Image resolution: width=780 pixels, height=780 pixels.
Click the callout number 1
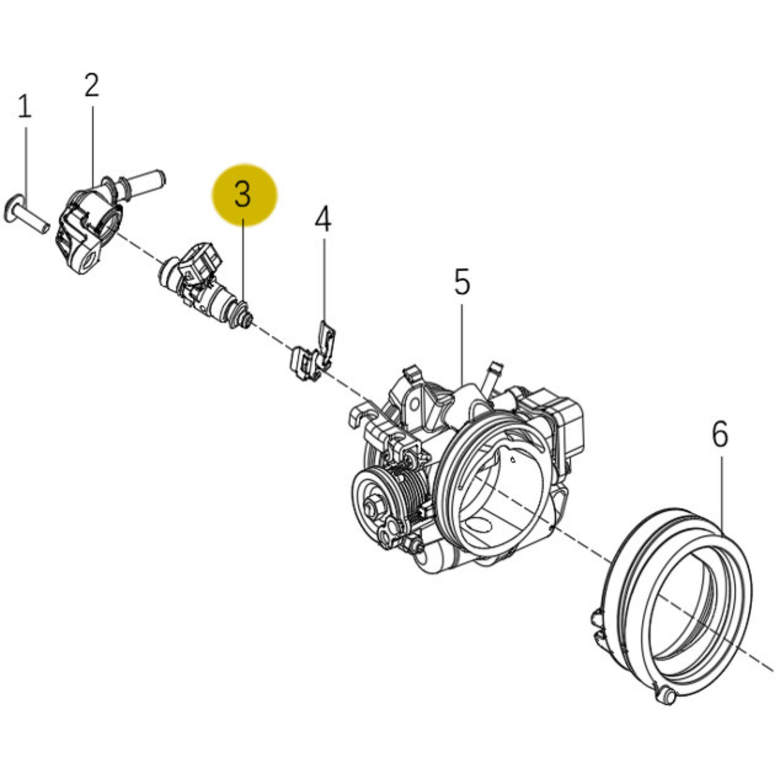pos(25,107)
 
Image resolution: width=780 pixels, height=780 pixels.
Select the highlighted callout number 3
pos(243,195)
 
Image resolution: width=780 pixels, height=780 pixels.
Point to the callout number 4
pos(323,220)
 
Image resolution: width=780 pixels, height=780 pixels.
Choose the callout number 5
pos(462,282)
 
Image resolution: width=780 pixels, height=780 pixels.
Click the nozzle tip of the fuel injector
pos(246,320)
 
